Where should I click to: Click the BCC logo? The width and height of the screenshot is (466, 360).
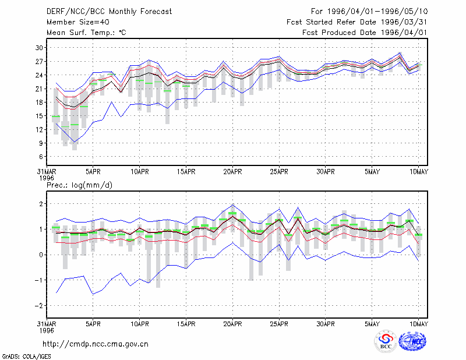[386, 341]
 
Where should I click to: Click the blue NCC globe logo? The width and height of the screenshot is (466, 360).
[412, 341]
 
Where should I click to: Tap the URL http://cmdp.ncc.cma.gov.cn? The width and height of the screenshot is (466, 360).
[96, 344]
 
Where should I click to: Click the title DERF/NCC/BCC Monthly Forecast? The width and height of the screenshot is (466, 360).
[109, 12]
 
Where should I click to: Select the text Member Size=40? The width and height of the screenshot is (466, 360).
[78, 22]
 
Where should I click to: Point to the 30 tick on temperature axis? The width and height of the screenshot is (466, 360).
[39, 48]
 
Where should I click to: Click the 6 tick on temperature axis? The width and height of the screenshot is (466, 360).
[41, 157]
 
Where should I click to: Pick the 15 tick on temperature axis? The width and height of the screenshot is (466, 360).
[39, 116]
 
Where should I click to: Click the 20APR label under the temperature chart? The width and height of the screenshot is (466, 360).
[232, 172]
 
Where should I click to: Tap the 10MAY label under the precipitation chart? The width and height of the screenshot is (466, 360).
[419, 324]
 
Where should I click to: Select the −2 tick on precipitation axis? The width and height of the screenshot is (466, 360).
[39, 306]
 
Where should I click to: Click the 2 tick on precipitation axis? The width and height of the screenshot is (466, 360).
[41, 204]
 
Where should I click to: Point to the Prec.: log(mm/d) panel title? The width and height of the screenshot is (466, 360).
[79, 185]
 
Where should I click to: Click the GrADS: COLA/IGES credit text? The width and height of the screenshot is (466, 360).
[27, 357]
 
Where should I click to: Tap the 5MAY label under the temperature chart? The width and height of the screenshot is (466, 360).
[372, 172]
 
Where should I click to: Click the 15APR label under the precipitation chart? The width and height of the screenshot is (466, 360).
[186, 324]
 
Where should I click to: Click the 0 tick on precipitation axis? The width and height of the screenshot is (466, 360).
[41, 255]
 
